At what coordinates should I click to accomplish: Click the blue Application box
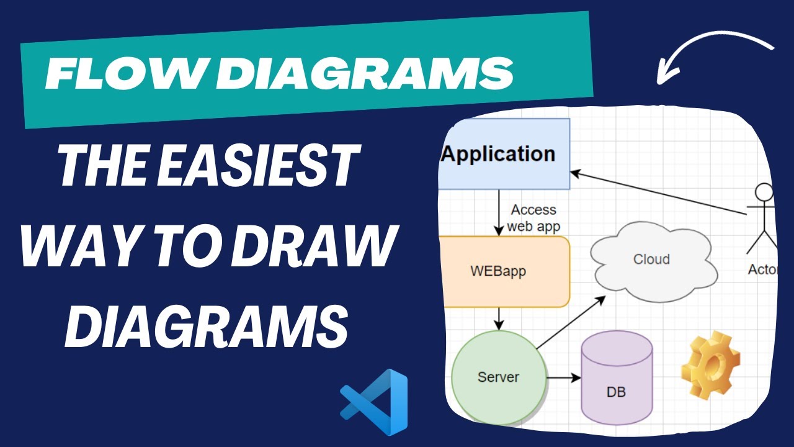pyautogui.click(x=503, y=154)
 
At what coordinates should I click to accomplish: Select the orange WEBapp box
pyautogui.click(x=503, y=271)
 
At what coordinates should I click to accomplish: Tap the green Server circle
pyautogui.click(x=498, y=377)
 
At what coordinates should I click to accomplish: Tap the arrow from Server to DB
pyautogui.click(x=563, y=377)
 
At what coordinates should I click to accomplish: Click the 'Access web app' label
pyautogui.click(x=533, y=218)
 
